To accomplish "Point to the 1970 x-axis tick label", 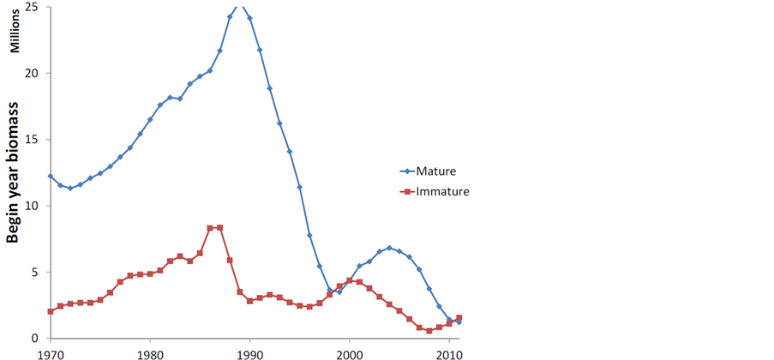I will pyautogui.click(x=51, y=353).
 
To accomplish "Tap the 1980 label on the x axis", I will pyautogui.click(x=150, y=353).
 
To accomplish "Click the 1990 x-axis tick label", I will pyautogui.click(x=249, y=353).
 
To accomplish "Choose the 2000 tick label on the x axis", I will pyautogui.click(x=349, y=353).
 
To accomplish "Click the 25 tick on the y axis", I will pyautogui.click(x=33, y=7).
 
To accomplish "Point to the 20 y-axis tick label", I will pyautogui.click(x=33, y=73).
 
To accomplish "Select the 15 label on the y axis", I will pyautogui.click(x=33, y=140).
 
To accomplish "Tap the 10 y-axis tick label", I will pyautogui.click(x=33, y=206).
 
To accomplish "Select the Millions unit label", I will pyautogui.click(x=15, y=34).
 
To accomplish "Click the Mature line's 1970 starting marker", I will pyautogui.click(x=51, y=176).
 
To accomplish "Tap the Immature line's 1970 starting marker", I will pyautogui.click(x=51, y=311).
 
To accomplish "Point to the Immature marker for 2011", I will pyautogui.click(x=459, y=318).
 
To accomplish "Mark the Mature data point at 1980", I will pyautogui.click(x=150, y=119).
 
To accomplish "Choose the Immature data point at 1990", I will pyautogui.click(x=249, y=301).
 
